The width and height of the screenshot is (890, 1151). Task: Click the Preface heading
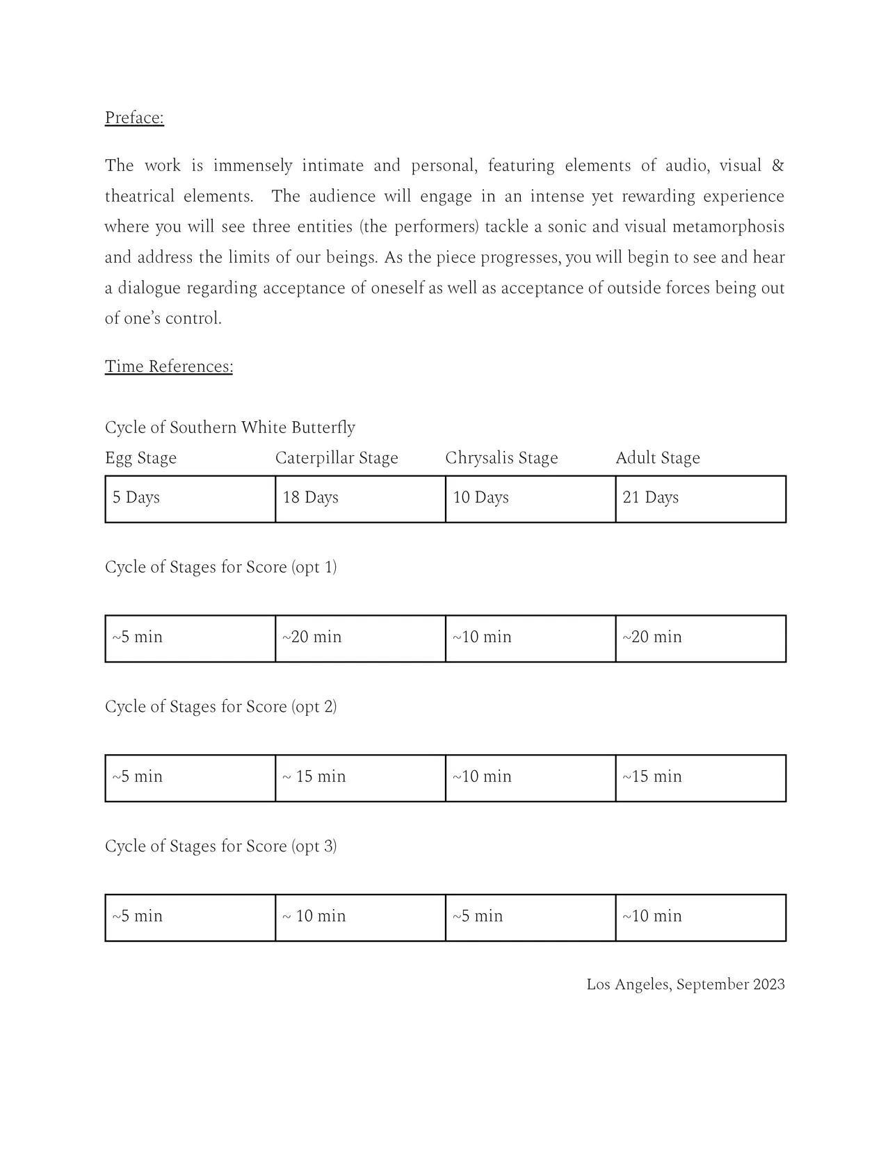134,117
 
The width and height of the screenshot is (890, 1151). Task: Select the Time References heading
168,366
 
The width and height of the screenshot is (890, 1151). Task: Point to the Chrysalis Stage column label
501,458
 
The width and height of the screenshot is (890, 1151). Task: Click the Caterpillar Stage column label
337,458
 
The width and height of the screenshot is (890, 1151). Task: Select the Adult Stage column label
657,458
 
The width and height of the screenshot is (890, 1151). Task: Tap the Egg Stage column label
140,458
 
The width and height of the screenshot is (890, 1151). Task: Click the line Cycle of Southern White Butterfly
229,427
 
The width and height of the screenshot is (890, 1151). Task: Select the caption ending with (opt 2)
220,707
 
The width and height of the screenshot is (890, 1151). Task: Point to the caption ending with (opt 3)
220,847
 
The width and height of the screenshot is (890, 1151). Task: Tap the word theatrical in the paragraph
139,197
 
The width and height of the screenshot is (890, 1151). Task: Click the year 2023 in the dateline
768,984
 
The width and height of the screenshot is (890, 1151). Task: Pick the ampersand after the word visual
778,166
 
